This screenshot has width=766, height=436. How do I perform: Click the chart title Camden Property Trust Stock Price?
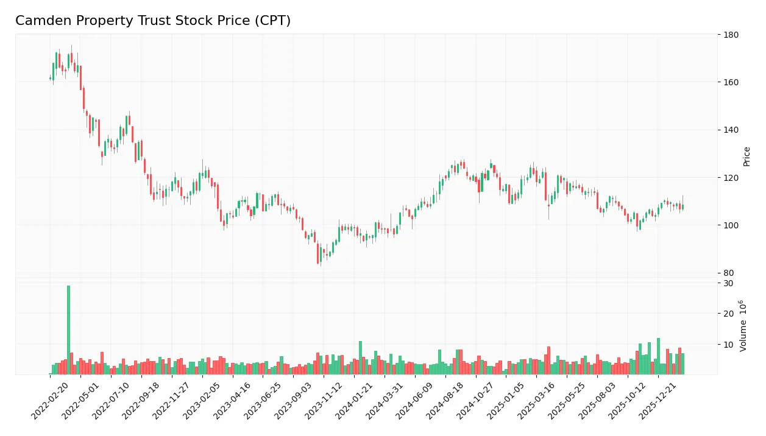coord(153,21)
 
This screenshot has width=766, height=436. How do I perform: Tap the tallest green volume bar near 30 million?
coord(68,329)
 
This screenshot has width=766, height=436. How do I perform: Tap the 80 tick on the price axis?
coord(728,273)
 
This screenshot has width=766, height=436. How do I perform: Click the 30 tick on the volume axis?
coord(728,283)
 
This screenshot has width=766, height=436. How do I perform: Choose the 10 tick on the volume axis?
coord(728,345)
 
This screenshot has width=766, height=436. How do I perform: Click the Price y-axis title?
coord(746,156)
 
